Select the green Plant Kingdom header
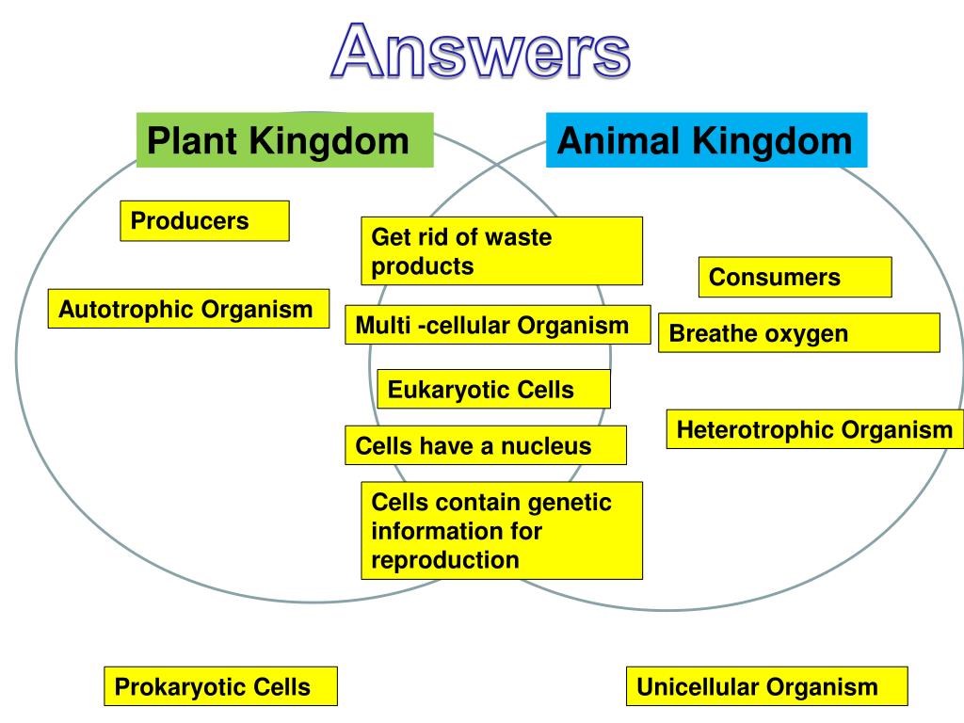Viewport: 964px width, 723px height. click(284, 140)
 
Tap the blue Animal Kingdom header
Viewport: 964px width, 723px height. click(705, 140)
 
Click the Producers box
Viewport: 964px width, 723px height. click(204, 221)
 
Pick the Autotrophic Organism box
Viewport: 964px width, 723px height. click(188, 309)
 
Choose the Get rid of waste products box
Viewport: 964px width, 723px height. click(501, 250)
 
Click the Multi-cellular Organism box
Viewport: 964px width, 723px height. click(497, 327)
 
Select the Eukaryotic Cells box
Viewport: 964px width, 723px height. click(493, 389)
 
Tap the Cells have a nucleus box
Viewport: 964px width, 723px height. click(485, 445)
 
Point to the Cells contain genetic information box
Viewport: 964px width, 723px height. click(501, 530)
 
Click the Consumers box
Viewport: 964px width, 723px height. click(794, 278)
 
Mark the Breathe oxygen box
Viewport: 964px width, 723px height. click(798, 333)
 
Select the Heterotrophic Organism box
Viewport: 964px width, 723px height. click(814, 429)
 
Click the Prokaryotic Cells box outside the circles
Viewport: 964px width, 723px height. click(220, 687)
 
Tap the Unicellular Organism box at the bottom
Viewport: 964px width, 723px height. click(766, 687)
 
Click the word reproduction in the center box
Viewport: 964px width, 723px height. click(445, 560)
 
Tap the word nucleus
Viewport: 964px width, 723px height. click(546, 445)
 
